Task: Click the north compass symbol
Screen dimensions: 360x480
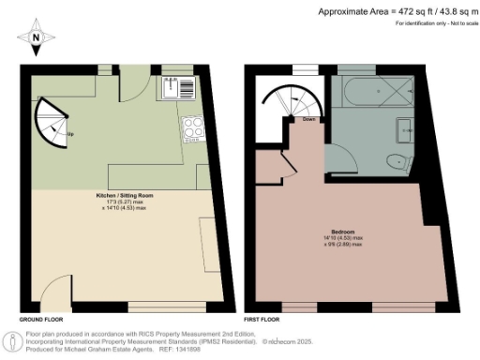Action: pyautogui.click(x=36, y=37)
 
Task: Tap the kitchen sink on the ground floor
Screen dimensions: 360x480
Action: pyautogui.click(x=171, y=89)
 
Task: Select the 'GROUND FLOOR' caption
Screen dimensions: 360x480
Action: pyautogui.click(x=39, y=319)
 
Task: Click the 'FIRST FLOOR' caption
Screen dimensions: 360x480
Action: pyautogui.click(x=262, y=319)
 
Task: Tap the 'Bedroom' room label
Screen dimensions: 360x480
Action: pyautogui.click(x=341, y=232)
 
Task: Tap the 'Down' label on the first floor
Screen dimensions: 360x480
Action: pyautogui.click(x=308, y=119)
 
